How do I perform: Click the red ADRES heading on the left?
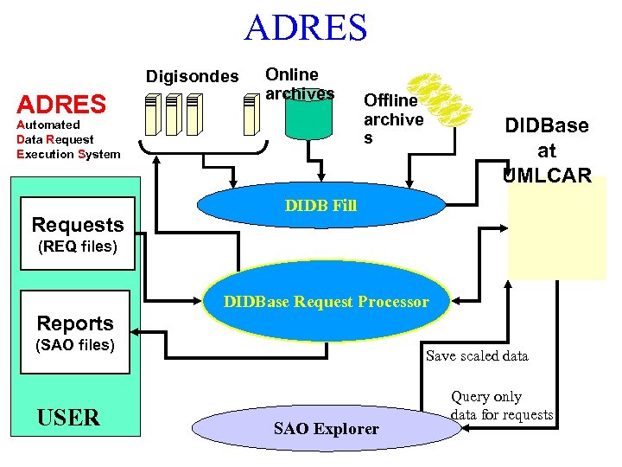(61, 106)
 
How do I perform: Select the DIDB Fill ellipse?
(321, 207)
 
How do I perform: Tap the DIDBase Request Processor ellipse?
(326, 302)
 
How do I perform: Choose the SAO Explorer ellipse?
(326, 428)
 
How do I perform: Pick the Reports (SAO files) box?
(75, 333)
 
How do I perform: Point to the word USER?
(68, 418)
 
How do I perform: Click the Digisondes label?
(192, 76)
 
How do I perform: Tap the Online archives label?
(299, 84)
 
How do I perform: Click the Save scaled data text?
(477, 355)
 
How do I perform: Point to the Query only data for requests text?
(501, 406)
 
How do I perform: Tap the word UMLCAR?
(547, 176)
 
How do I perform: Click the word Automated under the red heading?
(48, 125)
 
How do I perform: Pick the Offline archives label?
(393, 118)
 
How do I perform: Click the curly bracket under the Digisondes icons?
(205, 156)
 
